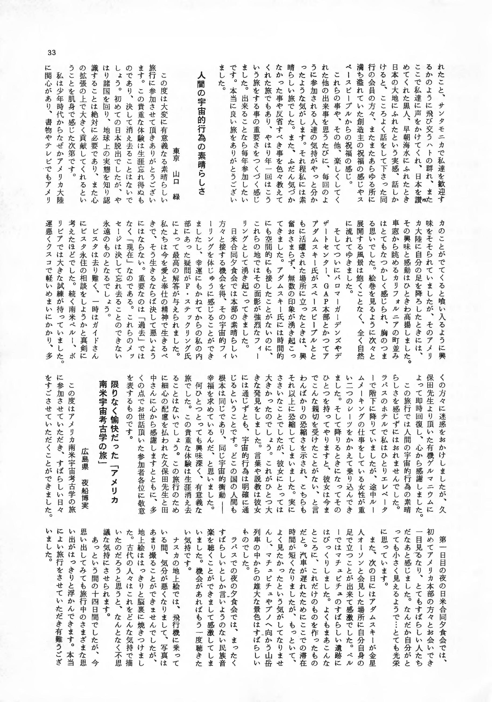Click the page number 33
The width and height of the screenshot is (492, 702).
52,53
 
